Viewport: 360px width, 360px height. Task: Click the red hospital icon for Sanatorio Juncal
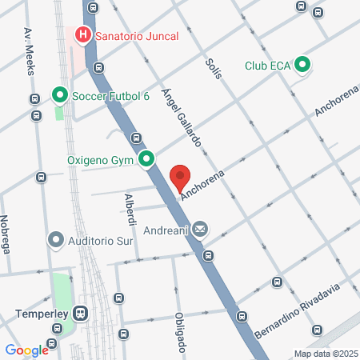pos(82,35)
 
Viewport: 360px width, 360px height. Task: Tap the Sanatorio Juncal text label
pos(137,35)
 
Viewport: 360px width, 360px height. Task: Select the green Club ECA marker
pos(302,65)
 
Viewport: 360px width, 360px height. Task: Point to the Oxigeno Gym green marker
pos(146,161)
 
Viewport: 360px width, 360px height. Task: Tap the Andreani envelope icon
pos(199,230)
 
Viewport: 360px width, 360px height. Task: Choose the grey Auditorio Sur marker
pos(56,239)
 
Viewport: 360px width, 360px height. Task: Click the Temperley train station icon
pos(80,314)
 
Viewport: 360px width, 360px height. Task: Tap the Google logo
pos(26,350)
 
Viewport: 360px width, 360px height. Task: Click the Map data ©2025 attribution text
pos(323,354)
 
